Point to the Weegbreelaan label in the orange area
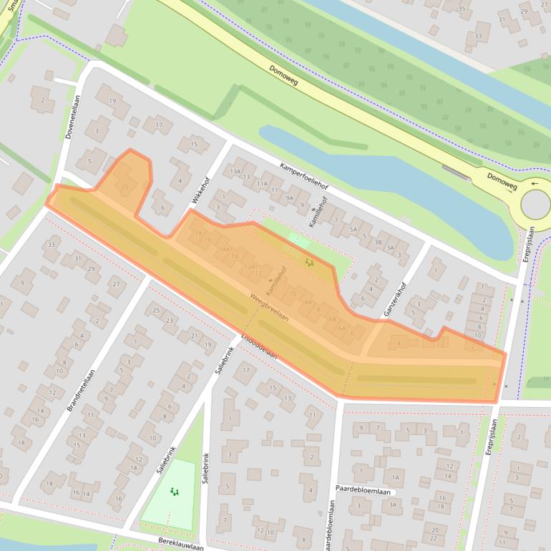point(269,306)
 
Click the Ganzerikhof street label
point(401,288)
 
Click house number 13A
point(235,172)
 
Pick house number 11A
point(263,184)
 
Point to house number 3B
point(378,242)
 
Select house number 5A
point(353,229)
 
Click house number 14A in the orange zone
point(223,249)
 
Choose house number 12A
point(250,266)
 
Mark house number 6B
point(331,318)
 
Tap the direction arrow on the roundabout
point(534,184)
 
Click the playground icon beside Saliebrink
point(173,492)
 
